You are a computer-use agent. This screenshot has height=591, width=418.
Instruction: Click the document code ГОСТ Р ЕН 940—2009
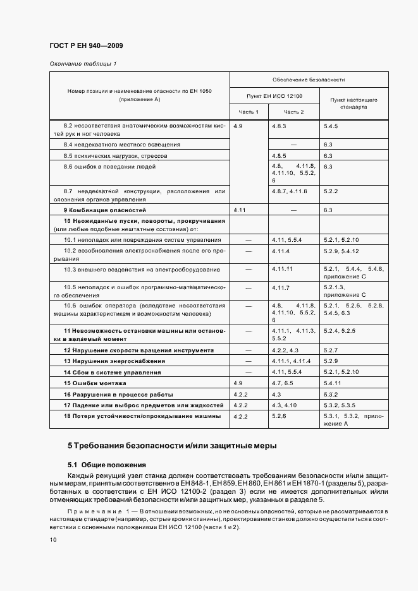(85, 45)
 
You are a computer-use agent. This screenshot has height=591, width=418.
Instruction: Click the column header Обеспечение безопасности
(309, 80)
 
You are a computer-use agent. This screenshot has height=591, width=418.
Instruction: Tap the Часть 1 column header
(249, 112)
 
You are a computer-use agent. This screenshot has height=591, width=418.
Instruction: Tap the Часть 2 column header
(293, 112)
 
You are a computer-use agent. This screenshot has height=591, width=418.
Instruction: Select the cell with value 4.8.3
(280, 126)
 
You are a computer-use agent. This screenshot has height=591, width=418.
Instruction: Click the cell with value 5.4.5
(331, 126)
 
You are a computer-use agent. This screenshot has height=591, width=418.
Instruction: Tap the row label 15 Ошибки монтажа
(95, 383)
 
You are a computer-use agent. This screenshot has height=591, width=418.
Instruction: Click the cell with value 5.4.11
(333, 383)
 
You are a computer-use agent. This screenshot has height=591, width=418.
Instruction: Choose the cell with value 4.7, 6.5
(283, 383)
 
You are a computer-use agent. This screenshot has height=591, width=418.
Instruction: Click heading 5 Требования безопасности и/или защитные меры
(172, 446)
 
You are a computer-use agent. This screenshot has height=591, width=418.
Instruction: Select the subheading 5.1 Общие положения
(107, 464)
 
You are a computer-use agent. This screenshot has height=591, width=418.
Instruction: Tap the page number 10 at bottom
(53, 540)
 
